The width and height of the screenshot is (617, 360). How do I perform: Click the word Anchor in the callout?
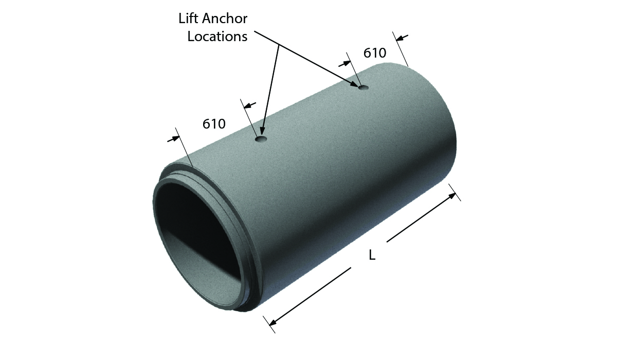[x=225, y=19]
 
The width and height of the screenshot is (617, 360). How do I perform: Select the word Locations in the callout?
[x=217, y=37]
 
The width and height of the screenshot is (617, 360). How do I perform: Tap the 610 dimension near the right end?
[x=375, y=53]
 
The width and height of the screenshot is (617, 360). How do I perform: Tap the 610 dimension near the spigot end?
[x=214, y=124]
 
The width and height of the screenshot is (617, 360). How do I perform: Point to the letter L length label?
[x=372, y=256]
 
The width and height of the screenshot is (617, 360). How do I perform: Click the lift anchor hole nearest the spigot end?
[x=261, y=139]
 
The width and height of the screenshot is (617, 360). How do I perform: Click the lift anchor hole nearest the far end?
[x=364, y=87]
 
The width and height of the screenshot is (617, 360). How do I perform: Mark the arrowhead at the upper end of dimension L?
[x=452, y=195]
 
